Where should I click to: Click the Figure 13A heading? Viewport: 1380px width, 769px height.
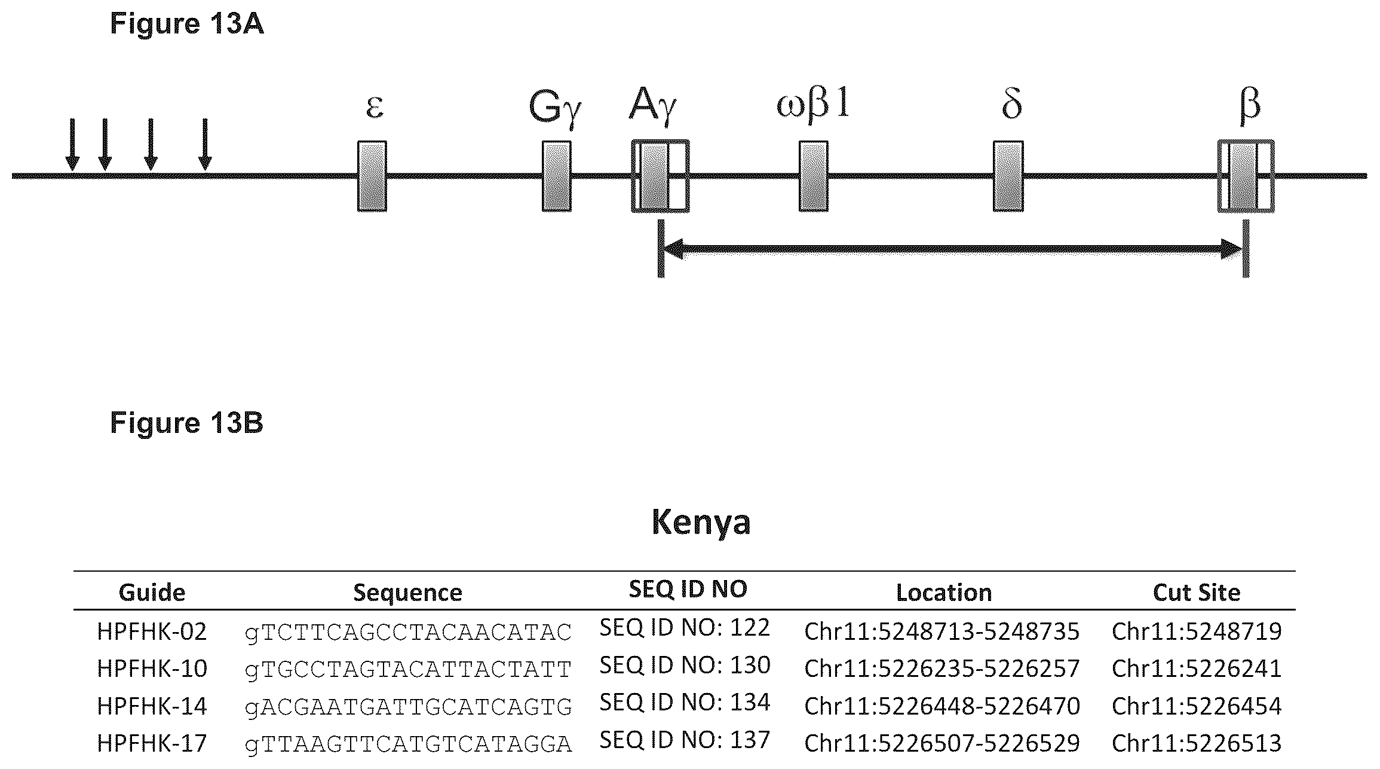click(186, 25)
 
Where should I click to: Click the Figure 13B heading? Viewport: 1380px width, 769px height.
click(186, 423)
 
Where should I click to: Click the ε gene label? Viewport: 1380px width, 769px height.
click(375, 107)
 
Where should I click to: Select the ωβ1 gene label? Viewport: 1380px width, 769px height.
click(812, 105)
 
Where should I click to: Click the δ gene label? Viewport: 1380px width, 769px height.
click(1011, 105)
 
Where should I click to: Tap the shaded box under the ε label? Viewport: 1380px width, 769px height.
click(372, 176)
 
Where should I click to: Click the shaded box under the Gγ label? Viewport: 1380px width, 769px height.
click(557, 176)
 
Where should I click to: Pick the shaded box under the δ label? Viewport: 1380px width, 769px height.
click(1008, 176)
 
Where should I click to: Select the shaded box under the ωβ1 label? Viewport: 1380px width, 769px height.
click(814, 176)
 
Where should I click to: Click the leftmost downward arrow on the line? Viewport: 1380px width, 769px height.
click(72, 144)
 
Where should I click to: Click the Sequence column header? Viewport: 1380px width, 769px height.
click(407, 593)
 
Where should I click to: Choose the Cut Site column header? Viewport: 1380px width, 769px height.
click(1197, 593)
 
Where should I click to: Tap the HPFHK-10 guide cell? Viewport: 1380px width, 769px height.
click(152, 669)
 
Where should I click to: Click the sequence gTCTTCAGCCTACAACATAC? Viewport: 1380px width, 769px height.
click(409, 632)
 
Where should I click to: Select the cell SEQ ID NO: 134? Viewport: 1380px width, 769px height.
click(685, 702)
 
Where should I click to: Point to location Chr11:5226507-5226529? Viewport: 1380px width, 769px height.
click(942, 743)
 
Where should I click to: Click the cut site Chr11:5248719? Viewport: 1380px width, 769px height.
click(1197, 631)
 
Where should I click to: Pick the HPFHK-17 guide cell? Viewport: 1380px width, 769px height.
click(152, 743)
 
